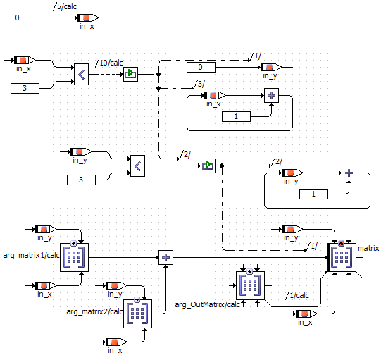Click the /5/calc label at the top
click(65, 6)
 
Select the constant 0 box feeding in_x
click(18, 18)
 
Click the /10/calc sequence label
click(109, 63)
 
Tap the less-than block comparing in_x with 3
click(81, 75)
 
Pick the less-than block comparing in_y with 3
click(137, 166)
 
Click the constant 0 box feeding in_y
click(201, 68)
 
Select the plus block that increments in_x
click(271, 96)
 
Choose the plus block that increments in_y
click(349, 173)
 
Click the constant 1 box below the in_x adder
click(236, 117)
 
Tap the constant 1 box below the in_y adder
click(313, 194)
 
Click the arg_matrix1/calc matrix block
click(74, 257)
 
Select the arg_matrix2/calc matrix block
click(137, 314)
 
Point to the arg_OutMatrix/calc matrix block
click(250, 285)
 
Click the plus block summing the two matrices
click(165, 257)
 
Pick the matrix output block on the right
click(342, 257)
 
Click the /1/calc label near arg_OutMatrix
click(297, 295)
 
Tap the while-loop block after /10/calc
click(130, 75)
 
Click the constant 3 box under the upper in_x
click(25, 89)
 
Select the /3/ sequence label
click(199, 84)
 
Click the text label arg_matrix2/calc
click(94, 311)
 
